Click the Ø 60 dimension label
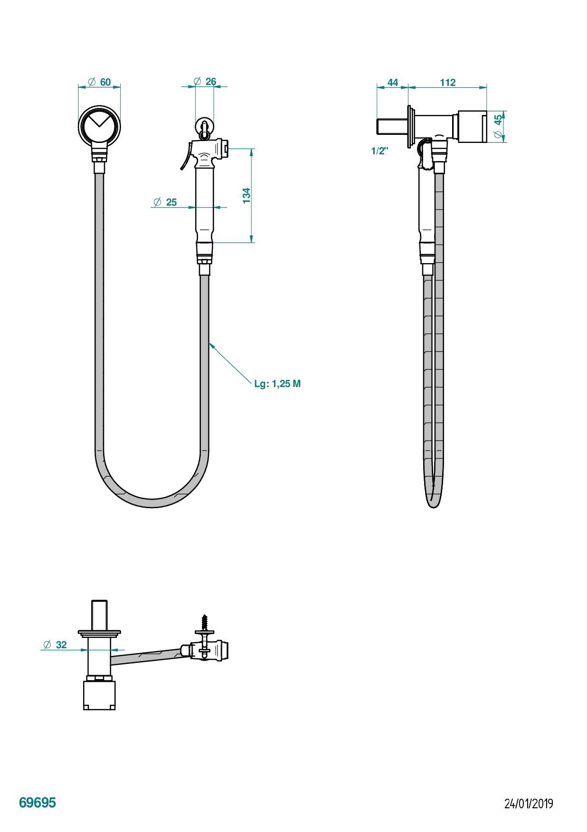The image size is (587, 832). click(x=99, y=82)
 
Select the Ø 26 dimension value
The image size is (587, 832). click(x=205, y=82)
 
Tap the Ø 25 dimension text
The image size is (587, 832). click(x=165, y=202)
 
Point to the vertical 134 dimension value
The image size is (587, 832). click(x=246, y=196)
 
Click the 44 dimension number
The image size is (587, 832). click(x=393, y=83)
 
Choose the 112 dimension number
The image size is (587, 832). click(x=447, y=83)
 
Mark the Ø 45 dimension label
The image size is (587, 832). click(x=498, y=127)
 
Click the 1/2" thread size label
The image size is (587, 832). click(x=380, y=151)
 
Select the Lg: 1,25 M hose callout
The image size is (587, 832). click(x=277, y=384)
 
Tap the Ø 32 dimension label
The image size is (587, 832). click(x=55, y=644)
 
